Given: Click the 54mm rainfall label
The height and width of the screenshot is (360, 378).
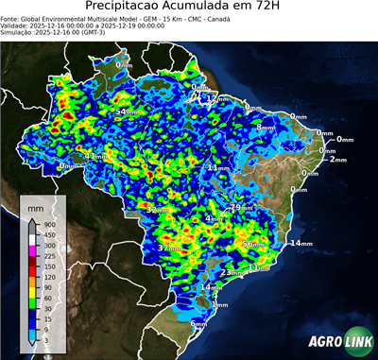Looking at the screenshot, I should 124,112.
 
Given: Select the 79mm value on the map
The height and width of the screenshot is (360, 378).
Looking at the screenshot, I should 243,207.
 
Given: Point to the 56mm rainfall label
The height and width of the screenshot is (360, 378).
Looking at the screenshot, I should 252,244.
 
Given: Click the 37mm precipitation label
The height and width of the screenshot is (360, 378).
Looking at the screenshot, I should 168,248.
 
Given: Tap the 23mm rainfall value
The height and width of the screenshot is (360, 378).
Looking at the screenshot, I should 231,272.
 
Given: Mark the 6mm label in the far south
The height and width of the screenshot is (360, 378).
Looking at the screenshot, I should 198,324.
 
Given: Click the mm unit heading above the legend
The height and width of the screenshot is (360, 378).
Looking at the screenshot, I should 36,208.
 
